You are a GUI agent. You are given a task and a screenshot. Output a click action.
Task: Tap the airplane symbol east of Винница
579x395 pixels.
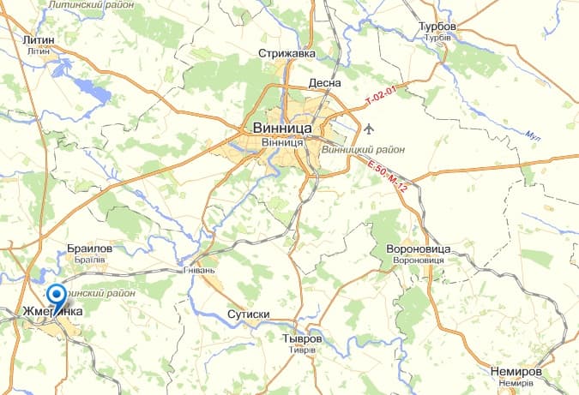(369, 129)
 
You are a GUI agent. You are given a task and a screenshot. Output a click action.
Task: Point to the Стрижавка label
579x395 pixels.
(287, 53)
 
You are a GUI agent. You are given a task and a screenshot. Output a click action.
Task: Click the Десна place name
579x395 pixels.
(325, 83)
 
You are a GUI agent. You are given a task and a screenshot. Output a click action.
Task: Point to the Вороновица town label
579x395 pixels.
(412, 248)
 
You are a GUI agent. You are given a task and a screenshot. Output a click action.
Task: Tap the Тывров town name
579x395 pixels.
(301, 339)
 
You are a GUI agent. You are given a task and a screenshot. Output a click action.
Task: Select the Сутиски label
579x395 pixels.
(249, 314)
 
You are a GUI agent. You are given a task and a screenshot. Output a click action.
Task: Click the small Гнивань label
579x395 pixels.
(197, 268)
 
